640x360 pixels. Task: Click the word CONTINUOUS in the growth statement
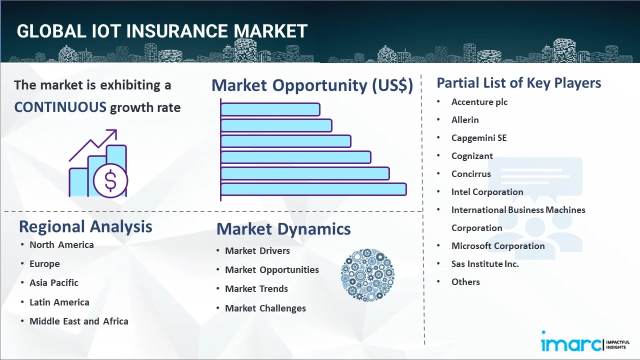[x=60, y=107]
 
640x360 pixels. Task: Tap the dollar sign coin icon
[x=110, y=180]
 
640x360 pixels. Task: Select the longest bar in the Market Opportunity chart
[x=313, y=189]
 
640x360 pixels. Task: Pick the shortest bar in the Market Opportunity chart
[x=270, y=109]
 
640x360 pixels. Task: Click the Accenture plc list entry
[x=479, y=102]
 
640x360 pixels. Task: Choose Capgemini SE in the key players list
[x=479, y=138]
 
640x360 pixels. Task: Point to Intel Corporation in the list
[x=487, y=192]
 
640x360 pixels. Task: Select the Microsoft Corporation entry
[x=498, y=246]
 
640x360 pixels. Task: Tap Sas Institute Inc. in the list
[x=485, y=264]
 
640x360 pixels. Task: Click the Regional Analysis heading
[x=85, y=227]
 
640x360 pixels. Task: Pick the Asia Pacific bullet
[x=54, y=283]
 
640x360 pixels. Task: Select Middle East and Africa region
[x=79, y=321]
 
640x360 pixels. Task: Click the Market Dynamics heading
[x=283, y=229]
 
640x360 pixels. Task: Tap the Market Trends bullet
[x=256, y=289]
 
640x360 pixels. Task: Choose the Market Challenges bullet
[x=265, y=308]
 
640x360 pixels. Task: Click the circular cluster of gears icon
[x=367, y=275]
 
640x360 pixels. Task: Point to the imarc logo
[x=585, y=341]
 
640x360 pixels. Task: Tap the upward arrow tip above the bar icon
[x=116, y=130]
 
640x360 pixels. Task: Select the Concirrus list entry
[x=471, y=174]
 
